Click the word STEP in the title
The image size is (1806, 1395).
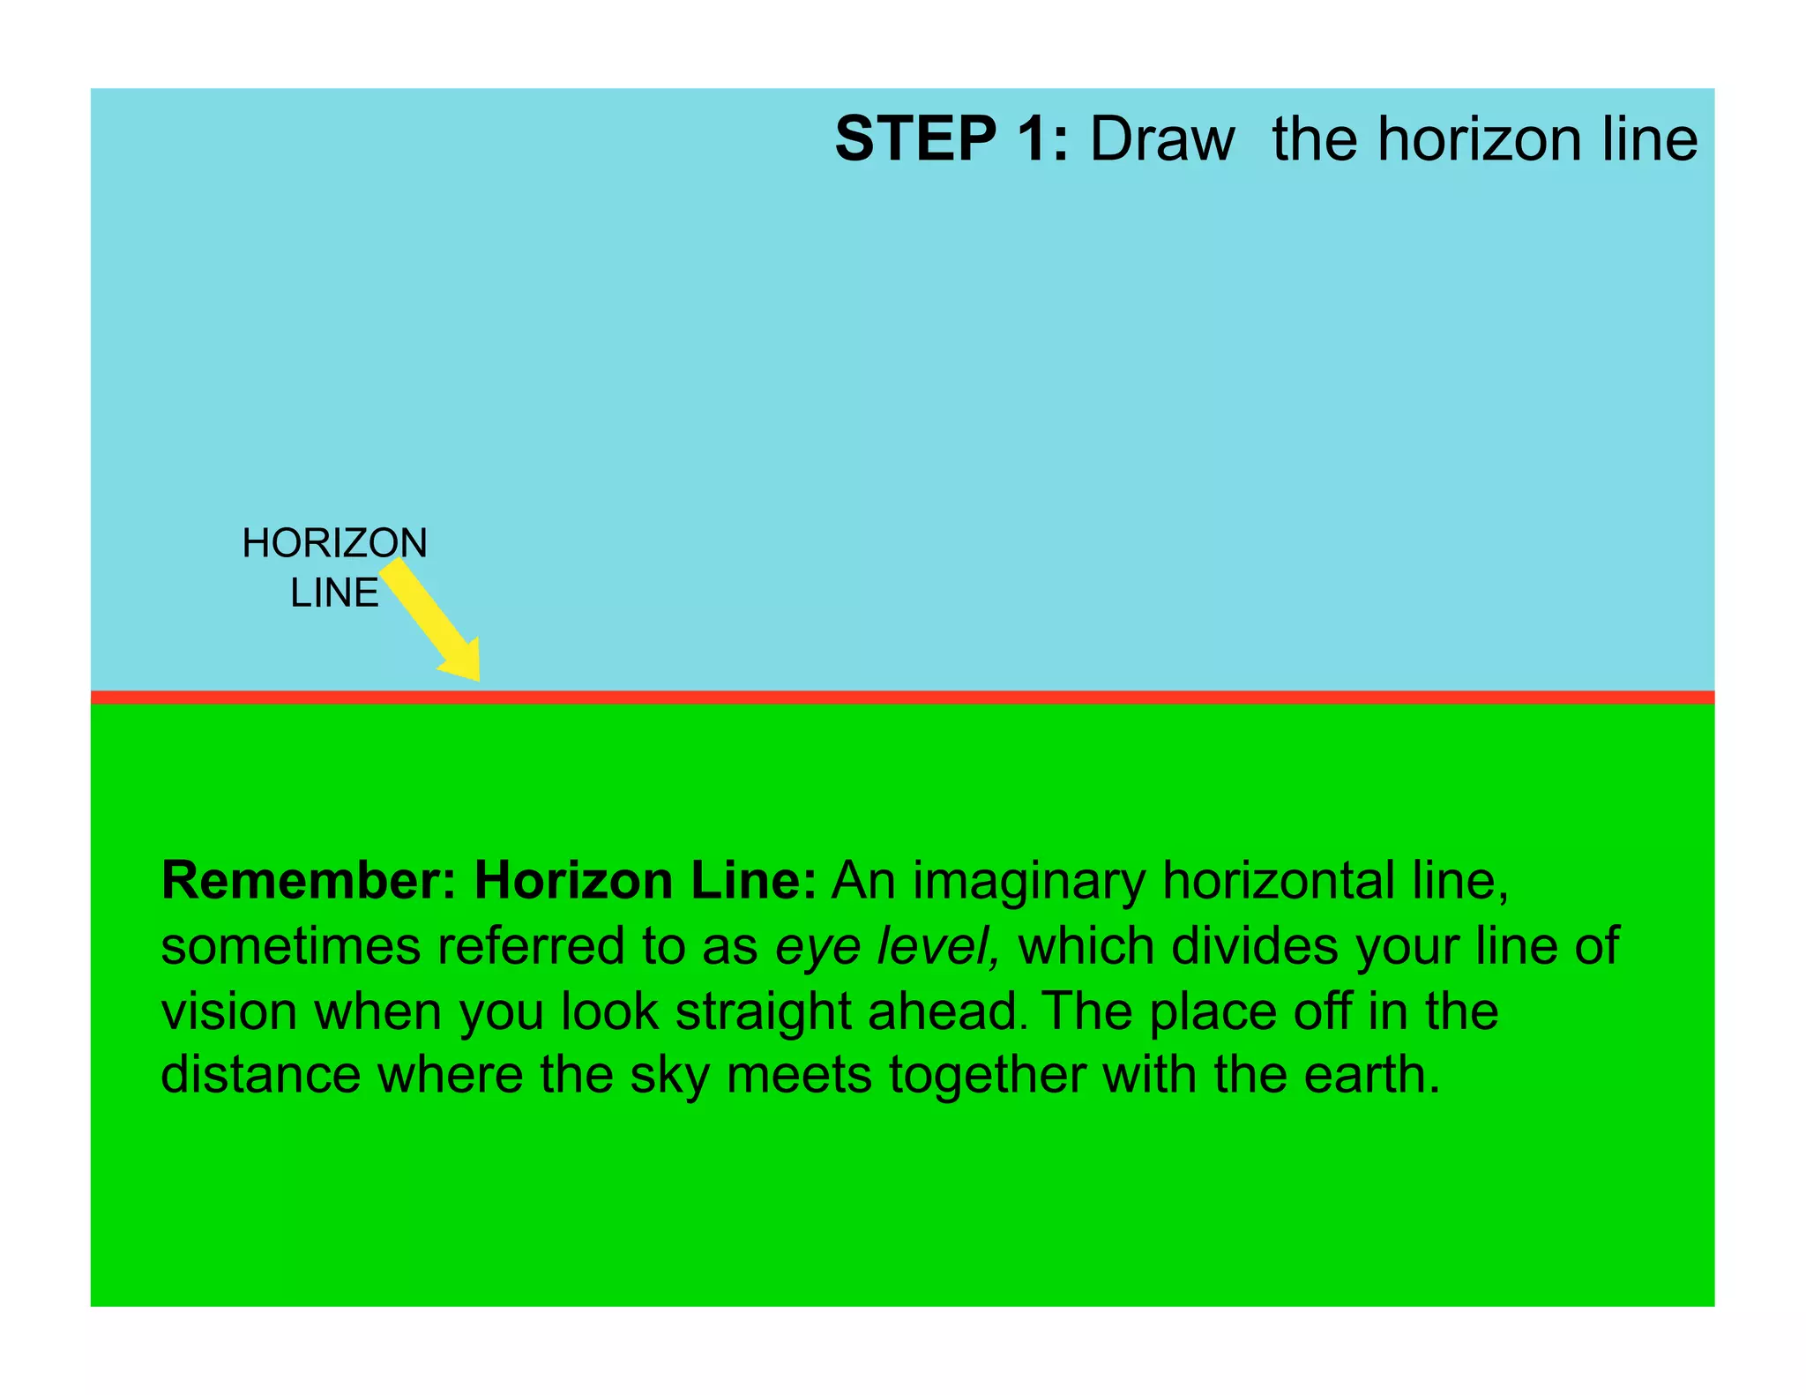[x=915, y=139]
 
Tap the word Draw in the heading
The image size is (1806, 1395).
[x=1161, y=139]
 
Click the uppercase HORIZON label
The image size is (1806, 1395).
[x=334, y=543]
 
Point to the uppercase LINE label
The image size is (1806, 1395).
[x=334, y=593]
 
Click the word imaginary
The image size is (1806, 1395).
[x=1028, y=882]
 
